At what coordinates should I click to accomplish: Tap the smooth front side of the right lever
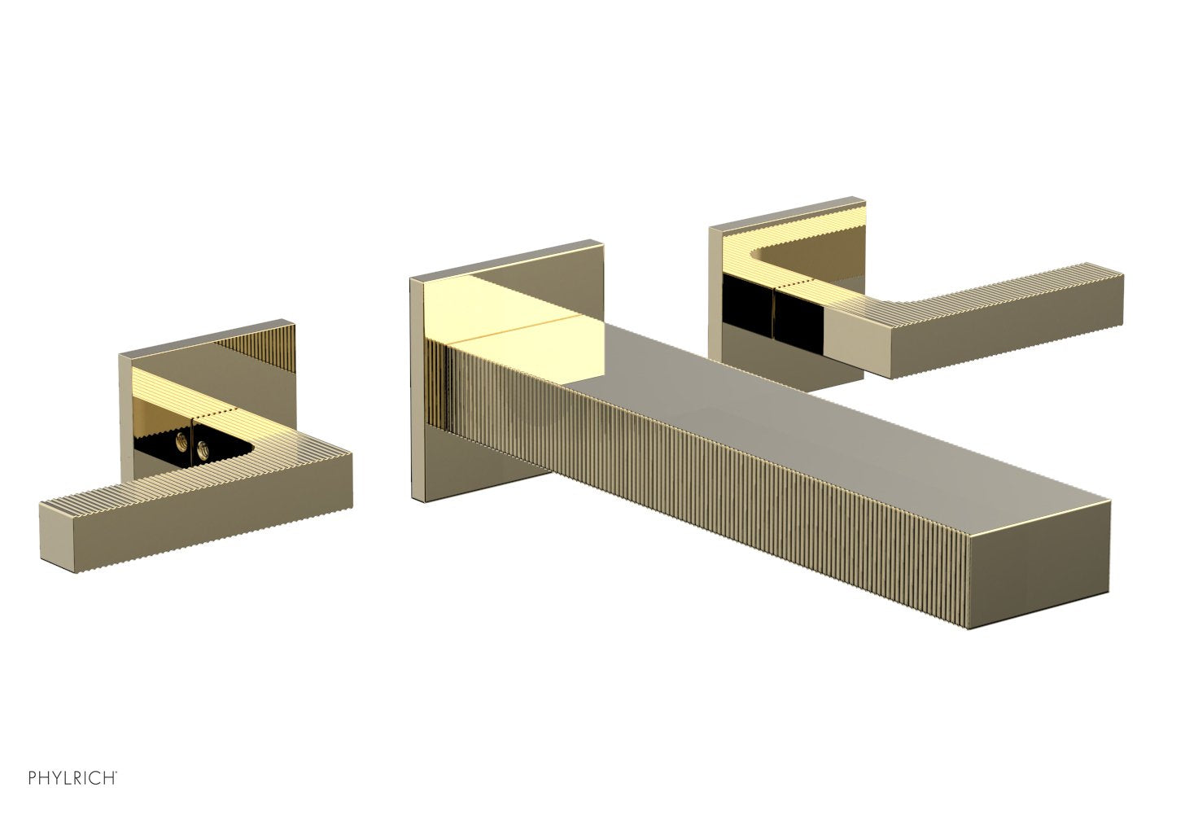pos(1001,342)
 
